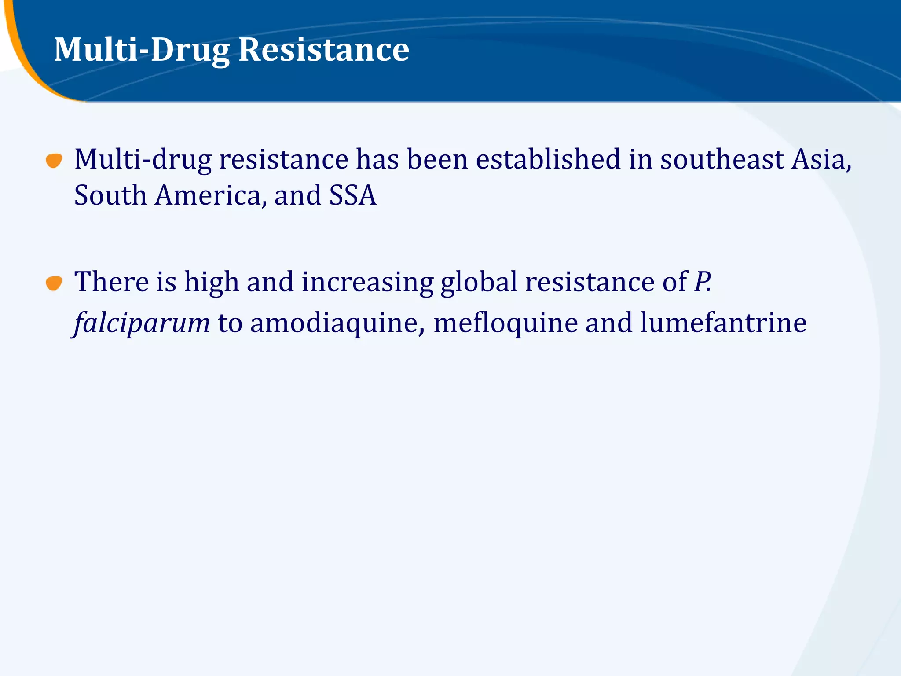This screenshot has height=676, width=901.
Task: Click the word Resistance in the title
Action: pyautogui.click(x=324, y=49)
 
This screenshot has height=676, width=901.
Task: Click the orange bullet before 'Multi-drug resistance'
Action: pyautogui.click(x=54, y=161)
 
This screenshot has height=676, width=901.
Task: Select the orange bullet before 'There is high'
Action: pyautogui.click(x=54, y=283)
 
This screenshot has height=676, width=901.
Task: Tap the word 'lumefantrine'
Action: pyautogui.click(x=723, y=323)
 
